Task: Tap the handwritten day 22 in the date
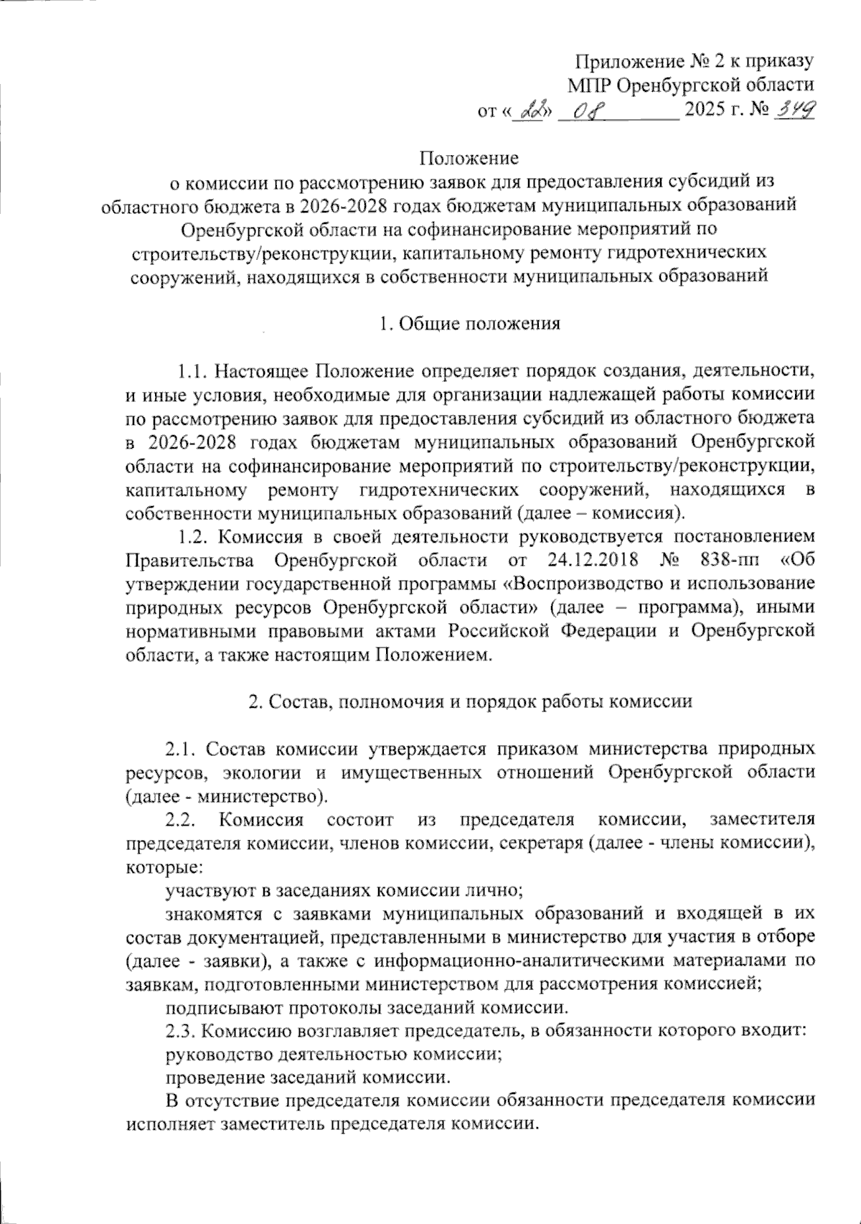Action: coord(532,111)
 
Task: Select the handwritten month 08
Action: coord(590,111)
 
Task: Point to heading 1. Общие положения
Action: coord(470,323)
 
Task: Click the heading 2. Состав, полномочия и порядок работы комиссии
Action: coord(470,701)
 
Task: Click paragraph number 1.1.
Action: coord(193,371)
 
